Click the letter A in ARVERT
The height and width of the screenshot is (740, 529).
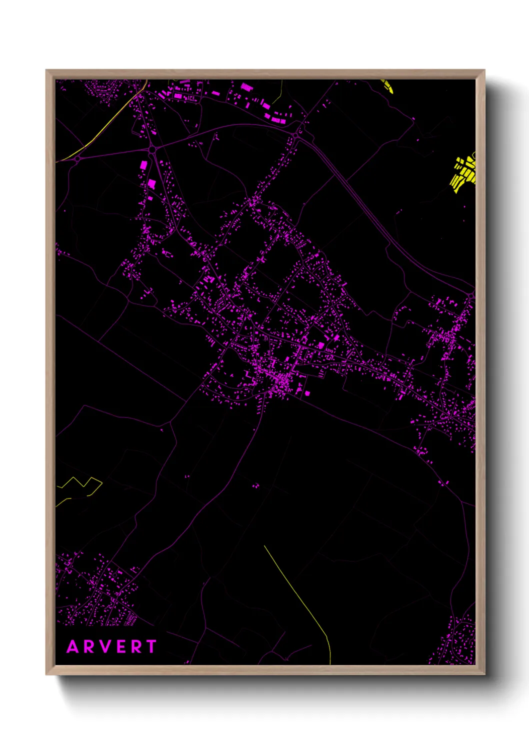point(73,646)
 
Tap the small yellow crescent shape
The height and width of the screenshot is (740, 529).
point(388,86)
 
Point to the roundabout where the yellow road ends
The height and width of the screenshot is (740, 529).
point(77,158)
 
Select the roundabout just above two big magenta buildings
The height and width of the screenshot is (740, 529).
point(151,149)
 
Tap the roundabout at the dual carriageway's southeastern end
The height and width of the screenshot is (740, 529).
point(471,296)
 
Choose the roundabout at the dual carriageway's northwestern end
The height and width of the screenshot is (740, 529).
point(299,133)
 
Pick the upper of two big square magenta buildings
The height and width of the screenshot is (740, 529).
point(143,164)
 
